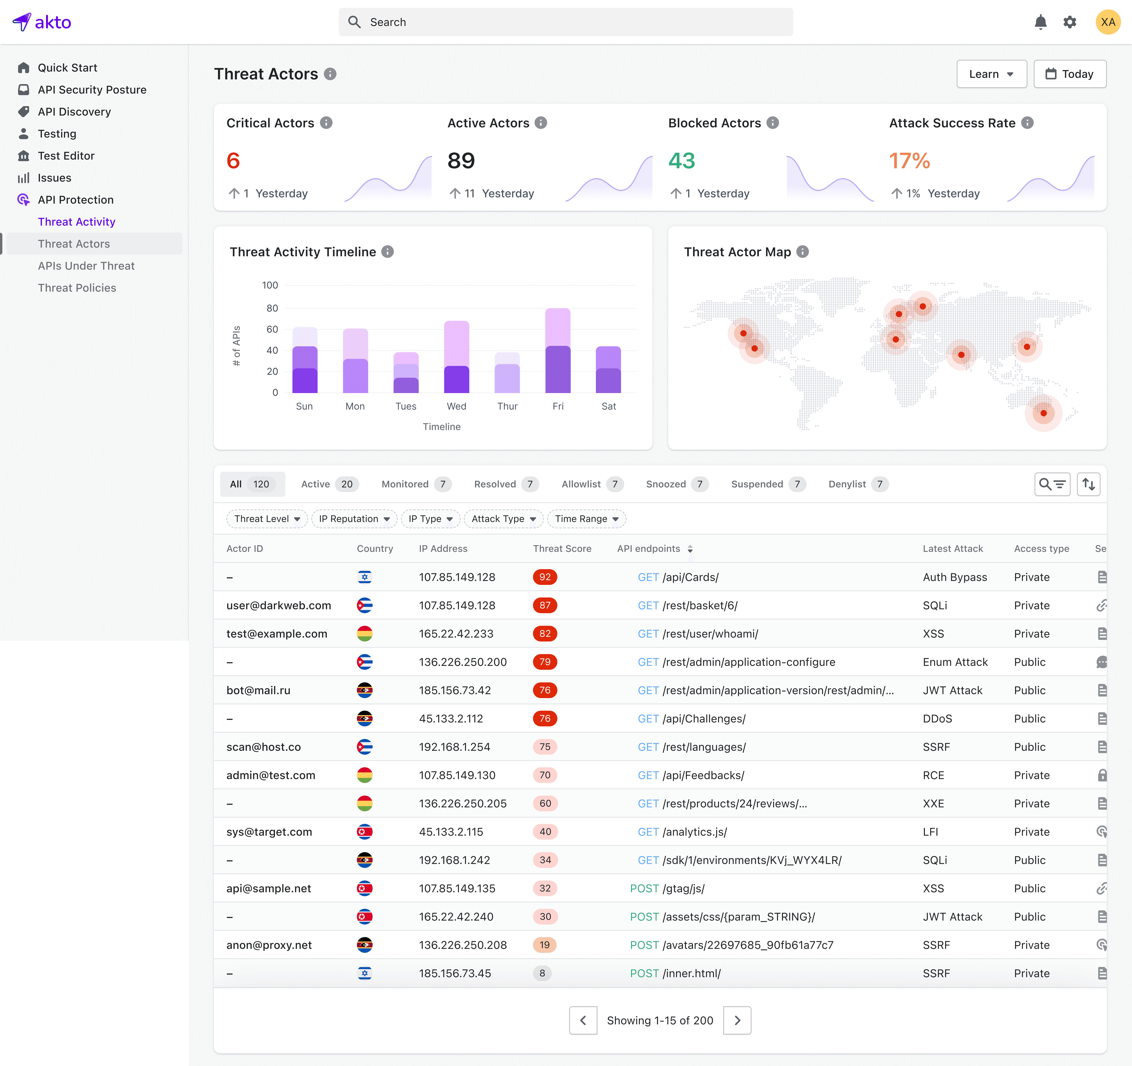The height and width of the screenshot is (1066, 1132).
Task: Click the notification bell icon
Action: coord(1040,22)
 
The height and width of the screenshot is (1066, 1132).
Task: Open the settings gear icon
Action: coord(1070,22)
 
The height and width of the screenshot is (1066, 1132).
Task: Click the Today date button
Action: coord(1070,74)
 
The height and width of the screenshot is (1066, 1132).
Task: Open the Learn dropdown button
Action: coord(991,74)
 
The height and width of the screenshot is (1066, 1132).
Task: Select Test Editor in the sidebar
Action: coord(66,155)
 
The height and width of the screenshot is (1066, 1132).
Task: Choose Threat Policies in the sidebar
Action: coord(77,288)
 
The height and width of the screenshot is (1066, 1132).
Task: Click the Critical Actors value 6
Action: coord(233,161)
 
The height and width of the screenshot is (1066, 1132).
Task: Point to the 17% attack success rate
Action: coord(909,161)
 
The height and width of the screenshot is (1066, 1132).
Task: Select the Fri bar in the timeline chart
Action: coord(558,350)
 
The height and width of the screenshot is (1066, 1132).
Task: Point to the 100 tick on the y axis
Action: coord(270,285)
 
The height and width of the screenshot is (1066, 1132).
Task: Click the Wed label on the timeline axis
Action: coord(456,406)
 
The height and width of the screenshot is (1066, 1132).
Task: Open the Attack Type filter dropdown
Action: coord(503,519)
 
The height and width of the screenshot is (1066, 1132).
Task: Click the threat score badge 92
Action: coord(545,577)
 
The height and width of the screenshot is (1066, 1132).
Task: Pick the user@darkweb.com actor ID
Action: coord(278,605)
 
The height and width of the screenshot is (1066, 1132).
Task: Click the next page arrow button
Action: coord(737,1020)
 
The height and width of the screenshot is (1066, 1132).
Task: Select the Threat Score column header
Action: coord(562,548)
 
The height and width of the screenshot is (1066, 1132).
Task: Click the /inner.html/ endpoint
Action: coord(691,973)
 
